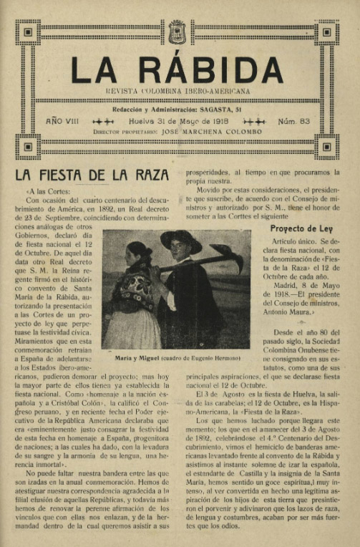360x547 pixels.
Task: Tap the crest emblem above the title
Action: point(177,32)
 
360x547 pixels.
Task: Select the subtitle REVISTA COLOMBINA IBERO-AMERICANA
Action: point(178,92)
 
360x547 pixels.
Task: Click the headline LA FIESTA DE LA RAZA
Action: point(92,175)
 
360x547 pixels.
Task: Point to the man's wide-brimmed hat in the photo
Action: point(181,239)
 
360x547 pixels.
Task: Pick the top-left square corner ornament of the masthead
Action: point(28,32)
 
